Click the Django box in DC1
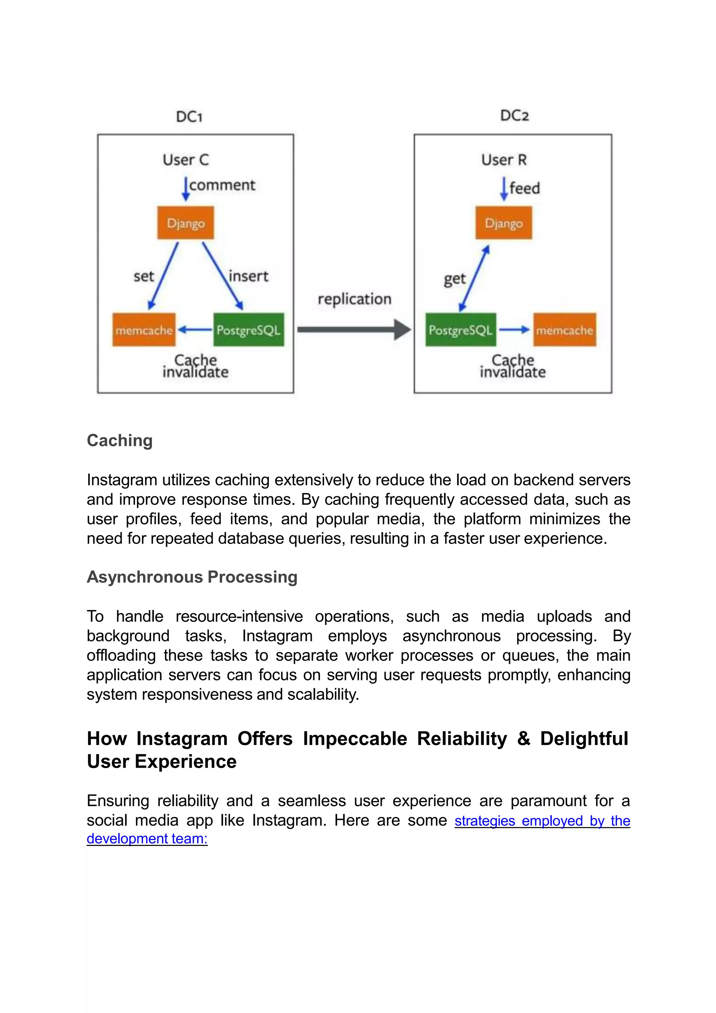[186, 223]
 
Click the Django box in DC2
[503, 223]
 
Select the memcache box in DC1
[144, 330]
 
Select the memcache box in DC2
[564, 330]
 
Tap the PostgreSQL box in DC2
[460, 330]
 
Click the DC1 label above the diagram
[189, 117]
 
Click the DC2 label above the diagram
[514, 116]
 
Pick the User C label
[186, 160]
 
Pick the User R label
[504, 160]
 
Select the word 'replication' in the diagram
[354, 299]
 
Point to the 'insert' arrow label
[248, 276]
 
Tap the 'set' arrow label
[144, 276]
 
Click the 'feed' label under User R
[524, 188]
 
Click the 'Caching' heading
[120, 440]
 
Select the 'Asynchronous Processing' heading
[192, 577]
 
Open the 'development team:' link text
[147, 838]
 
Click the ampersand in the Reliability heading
[523, 738]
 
